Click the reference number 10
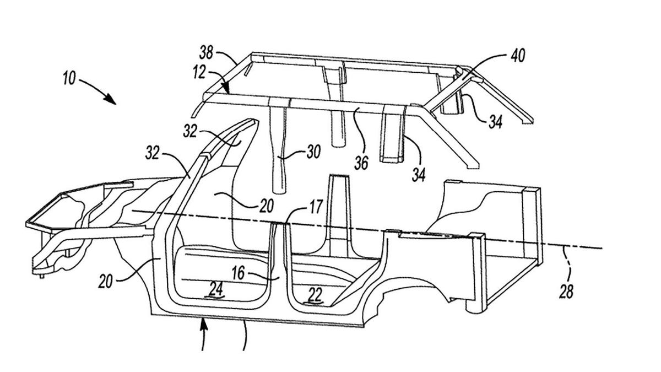pyautogui.click(x=69, y=78)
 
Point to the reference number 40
pyautogui.click(x=518, y=55)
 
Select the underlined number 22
pyautogui.click(x=315, y=296)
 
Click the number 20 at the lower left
pyautogui.click(x=107, y=282)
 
